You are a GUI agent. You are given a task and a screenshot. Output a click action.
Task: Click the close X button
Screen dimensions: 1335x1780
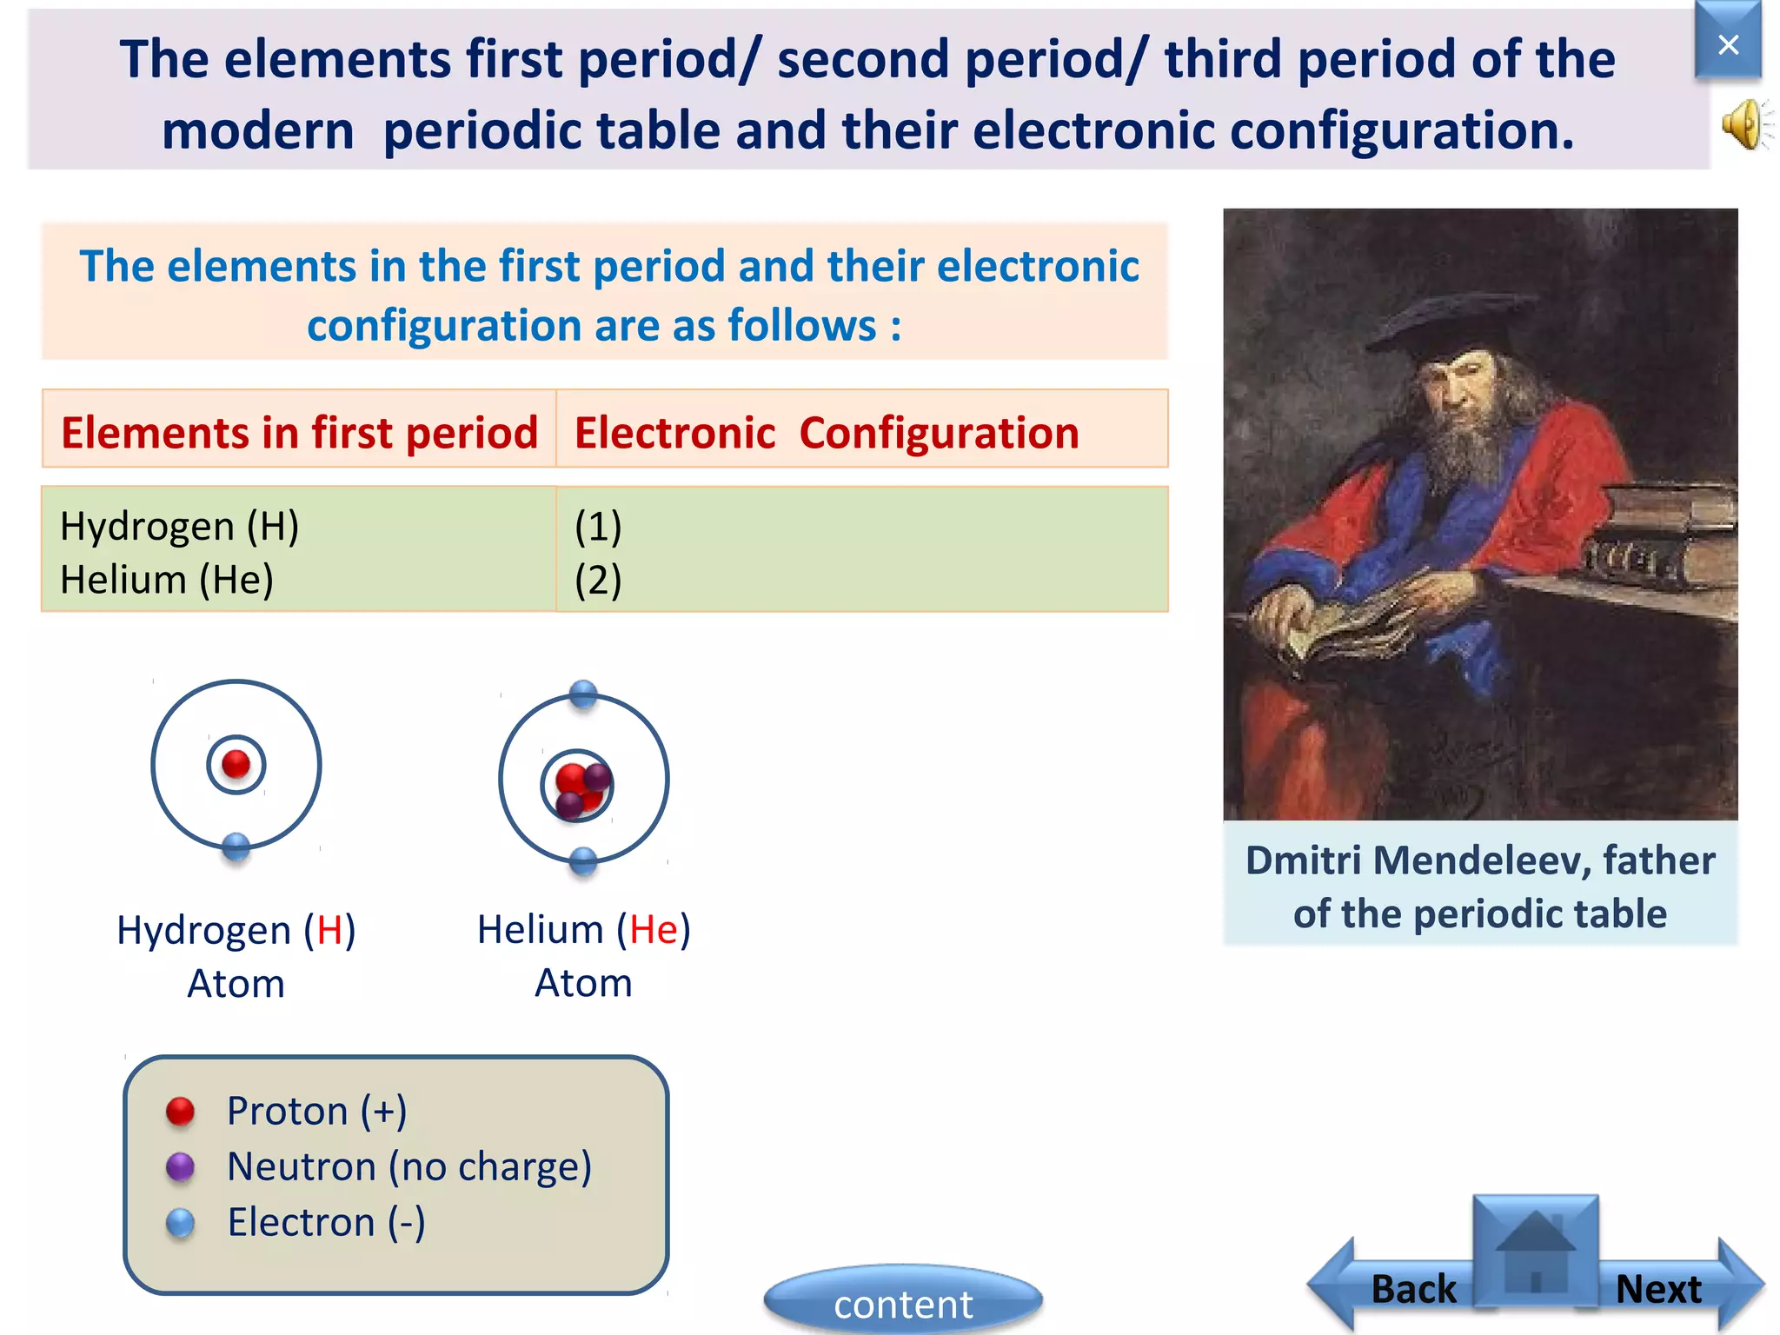tap(1728, 43)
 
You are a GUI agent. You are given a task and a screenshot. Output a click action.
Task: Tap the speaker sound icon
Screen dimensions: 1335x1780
tap(1745, 124)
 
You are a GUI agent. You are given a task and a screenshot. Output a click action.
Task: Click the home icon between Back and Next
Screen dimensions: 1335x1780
tap(1536, 1252)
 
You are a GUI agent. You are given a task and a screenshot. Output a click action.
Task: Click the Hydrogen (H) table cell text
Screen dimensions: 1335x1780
tap(180, 527)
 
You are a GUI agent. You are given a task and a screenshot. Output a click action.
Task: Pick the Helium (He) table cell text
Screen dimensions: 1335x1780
tap(167, 580)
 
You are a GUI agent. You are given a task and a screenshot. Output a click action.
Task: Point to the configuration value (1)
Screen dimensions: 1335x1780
tap(598, 527)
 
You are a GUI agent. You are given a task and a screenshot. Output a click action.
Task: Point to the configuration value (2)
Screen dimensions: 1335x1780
tap(598, 581)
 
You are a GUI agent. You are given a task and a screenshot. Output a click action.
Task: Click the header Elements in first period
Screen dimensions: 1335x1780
tap(299, 432)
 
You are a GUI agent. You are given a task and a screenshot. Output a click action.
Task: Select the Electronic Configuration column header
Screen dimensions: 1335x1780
tap(826, 432)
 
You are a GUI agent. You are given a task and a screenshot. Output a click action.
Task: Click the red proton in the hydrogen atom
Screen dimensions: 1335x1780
tap(236, 764)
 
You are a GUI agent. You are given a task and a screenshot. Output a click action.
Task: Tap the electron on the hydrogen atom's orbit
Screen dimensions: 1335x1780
tap(236, 846)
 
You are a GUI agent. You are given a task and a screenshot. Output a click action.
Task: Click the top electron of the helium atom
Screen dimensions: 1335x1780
tap(583, 694)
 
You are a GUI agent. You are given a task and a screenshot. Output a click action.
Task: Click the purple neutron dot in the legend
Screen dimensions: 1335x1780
tap(180, 1166)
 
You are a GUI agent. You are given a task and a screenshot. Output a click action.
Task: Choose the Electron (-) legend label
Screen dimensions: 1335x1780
tap(326, 1222)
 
